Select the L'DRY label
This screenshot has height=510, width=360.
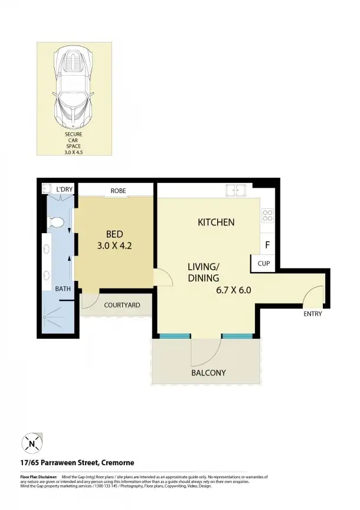[x=64, y=189]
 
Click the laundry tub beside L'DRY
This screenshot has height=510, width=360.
[x=47, y=189]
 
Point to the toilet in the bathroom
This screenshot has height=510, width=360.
[x=55, y=223]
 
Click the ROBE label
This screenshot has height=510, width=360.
[x=117, y=191]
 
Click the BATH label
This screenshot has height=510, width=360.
[x=63, y=289]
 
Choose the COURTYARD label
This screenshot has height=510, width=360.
[x=122, y=305]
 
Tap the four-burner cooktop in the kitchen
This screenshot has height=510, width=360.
[x=267, y=215]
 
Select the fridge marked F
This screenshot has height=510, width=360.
[x=267, y=244]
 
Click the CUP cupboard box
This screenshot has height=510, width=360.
[x=263, y=263]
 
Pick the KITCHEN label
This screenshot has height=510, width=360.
[x=216, y=223]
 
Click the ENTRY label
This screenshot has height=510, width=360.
[x=313, y=314]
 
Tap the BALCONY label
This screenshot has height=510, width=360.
[x=208, y=372]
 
